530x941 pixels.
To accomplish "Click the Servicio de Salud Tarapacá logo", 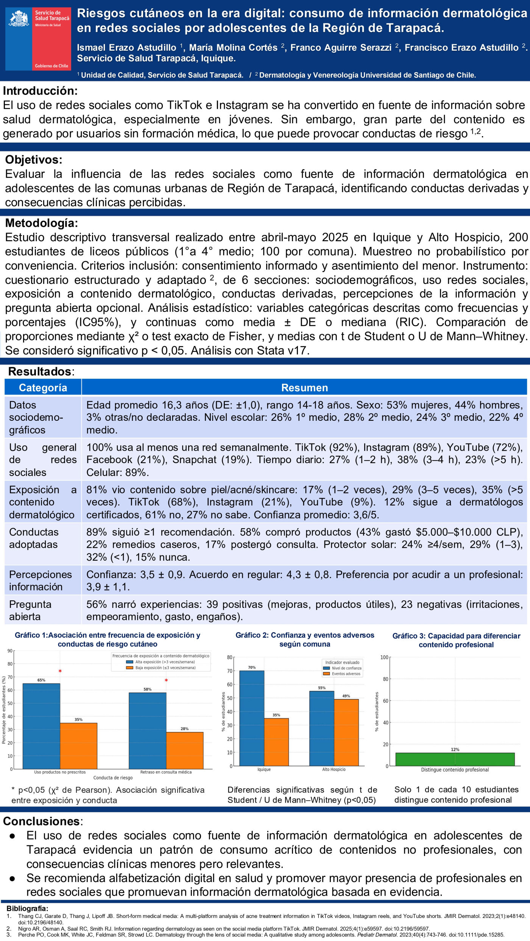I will tap(38, 39).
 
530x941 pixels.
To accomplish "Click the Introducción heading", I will tap(40, 91).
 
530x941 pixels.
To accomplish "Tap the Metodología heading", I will tap(41, 223).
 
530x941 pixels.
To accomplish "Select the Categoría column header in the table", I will tap(43, 388).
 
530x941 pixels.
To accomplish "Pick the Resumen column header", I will tap(304, 388).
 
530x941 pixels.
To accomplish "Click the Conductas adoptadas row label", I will tap(34, 538).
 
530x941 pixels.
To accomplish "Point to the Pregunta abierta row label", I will tap(30, 610).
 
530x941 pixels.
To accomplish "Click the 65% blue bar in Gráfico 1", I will tap(41, 726).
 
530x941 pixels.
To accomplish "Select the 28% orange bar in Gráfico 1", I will tap(185, 750).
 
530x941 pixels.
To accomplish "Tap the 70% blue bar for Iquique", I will tap(252, 718).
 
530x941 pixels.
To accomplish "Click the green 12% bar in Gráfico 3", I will tap(455, 759).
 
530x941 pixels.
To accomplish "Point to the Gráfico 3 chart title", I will tap(456, 640).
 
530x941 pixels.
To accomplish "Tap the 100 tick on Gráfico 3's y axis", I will tap(384, 657).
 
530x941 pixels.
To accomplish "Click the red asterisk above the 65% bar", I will tap(60, 671).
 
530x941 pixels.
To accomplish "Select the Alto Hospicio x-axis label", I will tap(334, 769).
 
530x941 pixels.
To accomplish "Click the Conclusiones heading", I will tap(42, 821).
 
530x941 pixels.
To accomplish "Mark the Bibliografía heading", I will tap(27, 908).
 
